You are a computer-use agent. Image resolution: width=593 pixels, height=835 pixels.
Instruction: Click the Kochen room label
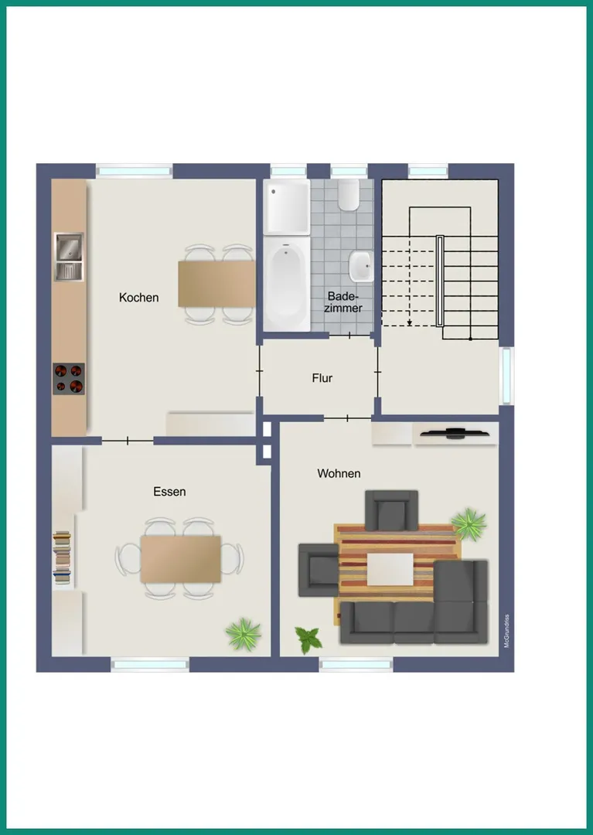point(139,298)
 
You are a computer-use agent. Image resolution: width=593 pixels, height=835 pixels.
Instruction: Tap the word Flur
point(322,378)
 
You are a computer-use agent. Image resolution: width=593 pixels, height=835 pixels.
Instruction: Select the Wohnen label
point(339,473)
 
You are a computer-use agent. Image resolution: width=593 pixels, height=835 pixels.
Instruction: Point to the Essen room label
point(169,492)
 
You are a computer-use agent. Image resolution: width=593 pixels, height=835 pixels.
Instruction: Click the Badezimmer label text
point(343,302)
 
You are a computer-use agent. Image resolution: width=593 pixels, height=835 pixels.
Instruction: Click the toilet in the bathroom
point(349,195)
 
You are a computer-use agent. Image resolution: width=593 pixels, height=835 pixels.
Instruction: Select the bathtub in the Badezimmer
point(287,283)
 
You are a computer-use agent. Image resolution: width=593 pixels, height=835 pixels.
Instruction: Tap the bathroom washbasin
point(360,266)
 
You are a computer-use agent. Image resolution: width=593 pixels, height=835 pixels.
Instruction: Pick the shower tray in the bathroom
point(287,207)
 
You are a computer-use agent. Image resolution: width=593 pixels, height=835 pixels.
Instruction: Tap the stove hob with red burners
point(69,379)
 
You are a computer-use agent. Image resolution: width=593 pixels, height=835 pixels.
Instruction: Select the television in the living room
point(455,434)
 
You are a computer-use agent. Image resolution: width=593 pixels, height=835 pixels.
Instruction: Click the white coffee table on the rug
point(390,569)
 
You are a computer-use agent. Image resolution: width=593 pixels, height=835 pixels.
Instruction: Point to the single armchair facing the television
point(391,511)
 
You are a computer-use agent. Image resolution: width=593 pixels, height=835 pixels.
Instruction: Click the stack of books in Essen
point(62,557)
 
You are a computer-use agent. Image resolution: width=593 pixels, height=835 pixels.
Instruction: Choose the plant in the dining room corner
point(244,634)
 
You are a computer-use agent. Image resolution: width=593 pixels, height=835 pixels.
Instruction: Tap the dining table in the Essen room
point(180,559)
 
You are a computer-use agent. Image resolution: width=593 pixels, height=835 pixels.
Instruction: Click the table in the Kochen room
point(216,284)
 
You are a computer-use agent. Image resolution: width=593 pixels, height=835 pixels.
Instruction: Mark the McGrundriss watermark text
point(506,631)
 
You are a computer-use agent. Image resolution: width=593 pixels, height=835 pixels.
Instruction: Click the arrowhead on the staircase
point(409,322)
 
